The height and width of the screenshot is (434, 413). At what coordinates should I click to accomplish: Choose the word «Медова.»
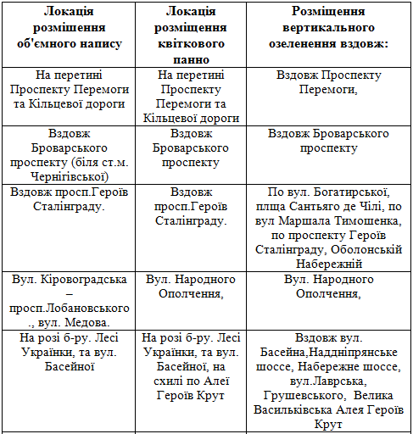(x=98, y=322)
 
